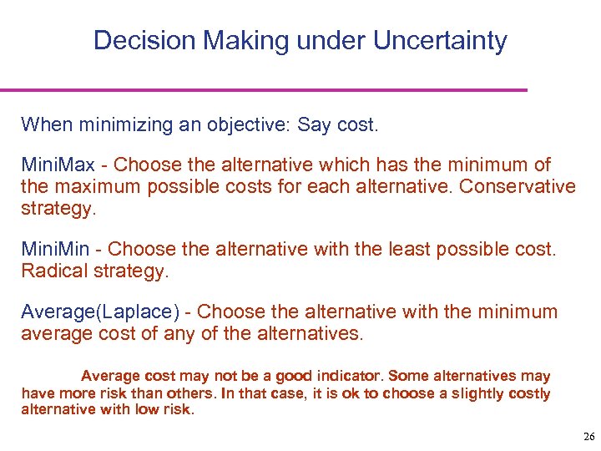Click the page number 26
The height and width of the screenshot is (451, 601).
tap(588, 437)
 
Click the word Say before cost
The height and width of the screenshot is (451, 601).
tap(314, 125)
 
